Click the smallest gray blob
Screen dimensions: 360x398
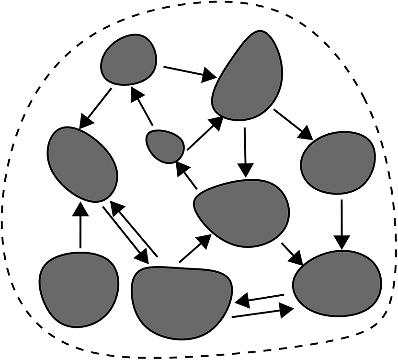[165, 146]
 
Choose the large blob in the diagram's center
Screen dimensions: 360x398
[242, 210]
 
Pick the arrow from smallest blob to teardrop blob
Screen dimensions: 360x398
[205, 133]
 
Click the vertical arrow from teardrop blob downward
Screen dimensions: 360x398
[245, 151]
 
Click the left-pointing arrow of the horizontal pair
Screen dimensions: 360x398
[260, 300]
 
